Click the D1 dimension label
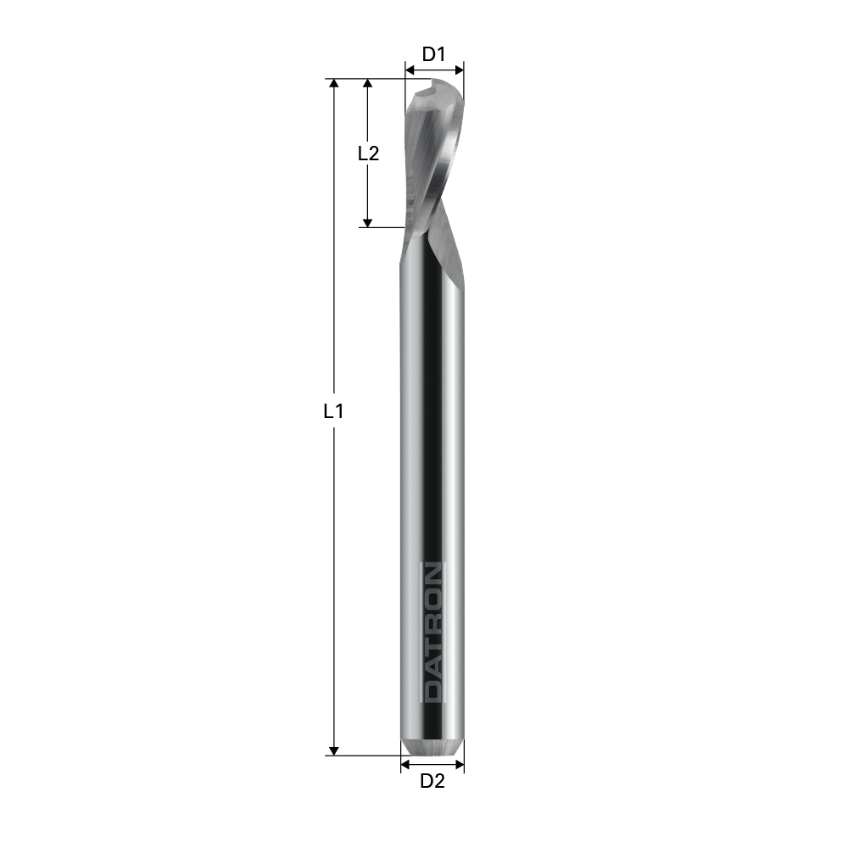click(434, 54)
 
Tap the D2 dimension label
click(432, 782)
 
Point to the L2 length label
click(367, 153)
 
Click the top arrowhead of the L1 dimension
click(334, 84)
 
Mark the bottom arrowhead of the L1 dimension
click(334, 750)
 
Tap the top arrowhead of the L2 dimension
click(367, 84)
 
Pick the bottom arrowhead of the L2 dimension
click(367, 221)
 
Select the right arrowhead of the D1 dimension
click(460, 70)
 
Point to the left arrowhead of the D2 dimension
click(405, 765)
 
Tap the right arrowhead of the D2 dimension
click(460, 765)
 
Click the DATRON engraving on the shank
click(433, 632)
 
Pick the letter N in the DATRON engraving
click(433, 574)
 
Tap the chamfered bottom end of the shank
click(432, 748)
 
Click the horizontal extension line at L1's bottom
click(365, 755)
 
